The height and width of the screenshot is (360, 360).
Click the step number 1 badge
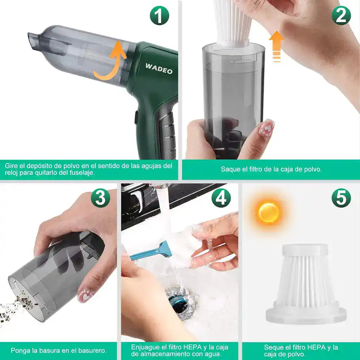pos(159,15)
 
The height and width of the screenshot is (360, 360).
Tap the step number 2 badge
pos(341,15)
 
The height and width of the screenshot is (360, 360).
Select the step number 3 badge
pos(101,198)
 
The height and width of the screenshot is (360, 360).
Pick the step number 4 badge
pos(221,198)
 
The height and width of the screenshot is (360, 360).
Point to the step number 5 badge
pos(341,198)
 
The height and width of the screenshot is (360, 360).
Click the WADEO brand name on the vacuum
pos(159,68)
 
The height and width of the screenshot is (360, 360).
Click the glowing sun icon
pos(269,212)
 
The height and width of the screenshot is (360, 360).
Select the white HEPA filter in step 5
pos(305,285)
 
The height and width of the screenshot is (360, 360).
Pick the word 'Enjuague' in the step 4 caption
pos(144,347)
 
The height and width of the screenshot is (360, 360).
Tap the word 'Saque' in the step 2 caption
pos(229,169)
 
